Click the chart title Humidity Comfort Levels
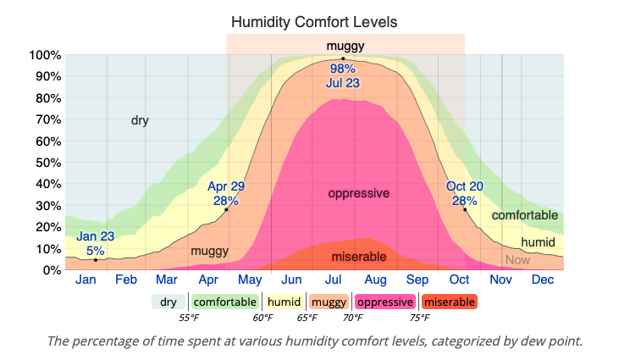pos(314,21)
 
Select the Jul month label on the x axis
pos(334,280)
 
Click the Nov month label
pos(500,280)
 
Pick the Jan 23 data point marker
pos(96,260)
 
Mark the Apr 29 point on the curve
pos(227,209)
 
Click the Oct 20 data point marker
pos(464,209)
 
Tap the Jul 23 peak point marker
pos(343,59)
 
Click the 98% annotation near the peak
pos(343,69)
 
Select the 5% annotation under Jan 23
pos(96,251)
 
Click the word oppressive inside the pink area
pos(359,193)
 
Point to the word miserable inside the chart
pos(359,257)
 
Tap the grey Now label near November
pos(517,260)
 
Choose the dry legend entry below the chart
pos(169,302)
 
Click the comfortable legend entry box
pos(224,302)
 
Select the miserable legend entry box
pos(449,302)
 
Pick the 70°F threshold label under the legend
pos(353,318)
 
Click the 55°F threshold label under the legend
pos(189,318)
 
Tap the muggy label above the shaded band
pos(345,45)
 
